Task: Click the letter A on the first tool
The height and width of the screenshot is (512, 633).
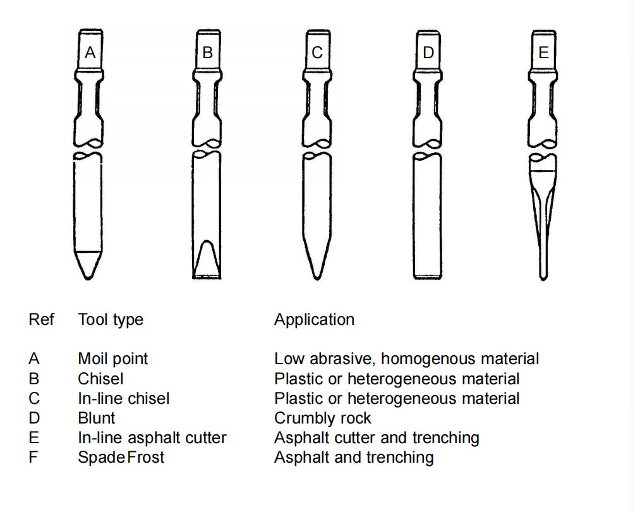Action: click(90, 52)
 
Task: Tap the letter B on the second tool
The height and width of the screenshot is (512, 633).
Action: click(207, 52)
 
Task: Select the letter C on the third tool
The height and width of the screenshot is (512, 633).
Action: click(317, 52)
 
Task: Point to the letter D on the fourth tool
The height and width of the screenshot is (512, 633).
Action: click(428, 52)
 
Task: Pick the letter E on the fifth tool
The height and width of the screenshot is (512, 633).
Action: click(544, 52)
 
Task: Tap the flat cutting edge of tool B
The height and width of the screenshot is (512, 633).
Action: click(207, 277)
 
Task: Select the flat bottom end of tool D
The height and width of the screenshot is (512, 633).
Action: click(428, 277)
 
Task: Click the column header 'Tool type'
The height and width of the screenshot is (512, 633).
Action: click(111, 320)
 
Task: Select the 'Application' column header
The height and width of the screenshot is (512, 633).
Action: click(314, 320)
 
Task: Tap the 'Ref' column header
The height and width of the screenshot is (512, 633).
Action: click(41, 319)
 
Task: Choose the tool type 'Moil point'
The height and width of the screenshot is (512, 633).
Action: click(113, 359)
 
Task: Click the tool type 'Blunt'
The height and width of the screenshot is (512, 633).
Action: click(97, 418)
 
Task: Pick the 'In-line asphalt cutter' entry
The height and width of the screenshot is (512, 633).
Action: click(152, 437)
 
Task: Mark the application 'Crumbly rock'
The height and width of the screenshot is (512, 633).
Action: click(323, 418)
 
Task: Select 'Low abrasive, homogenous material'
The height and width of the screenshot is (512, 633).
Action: click(407, 359)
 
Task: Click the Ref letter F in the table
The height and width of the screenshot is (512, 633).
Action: click(33, 458)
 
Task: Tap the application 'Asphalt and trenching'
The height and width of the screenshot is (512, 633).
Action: click(354, 458)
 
